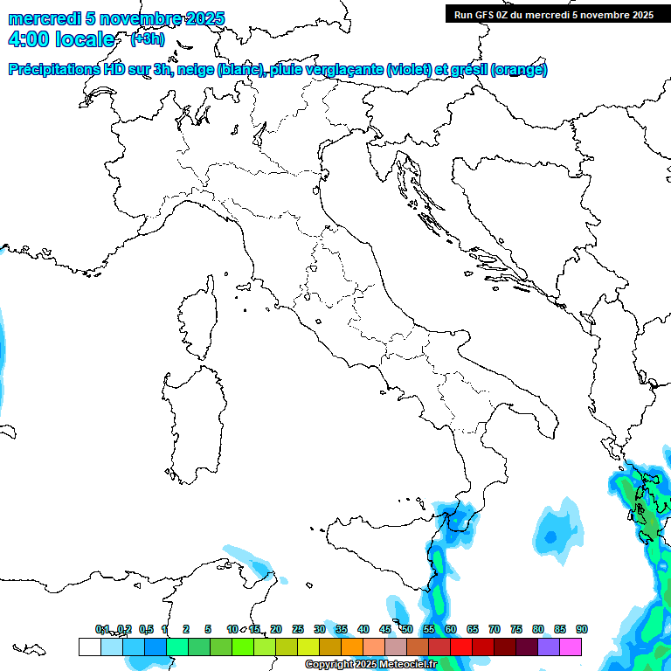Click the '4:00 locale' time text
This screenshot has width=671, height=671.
60,39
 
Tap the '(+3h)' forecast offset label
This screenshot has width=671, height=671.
147,38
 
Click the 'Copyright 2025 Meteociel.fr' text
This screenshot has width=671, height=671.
370,665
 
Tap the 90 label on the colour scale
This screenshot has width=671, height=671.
581,629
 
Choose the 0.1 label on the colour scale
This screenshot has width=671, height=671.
102,629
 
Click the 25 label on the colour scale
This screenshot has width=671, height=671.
298,629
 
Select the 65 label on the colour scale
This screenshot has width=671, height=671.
473,629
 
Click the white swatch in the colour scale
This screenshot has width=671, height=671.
89,647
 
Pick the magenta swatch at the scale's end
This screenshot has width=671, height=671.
571,647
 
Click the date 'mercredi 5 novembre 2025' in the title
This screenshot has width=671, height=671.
116,18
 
